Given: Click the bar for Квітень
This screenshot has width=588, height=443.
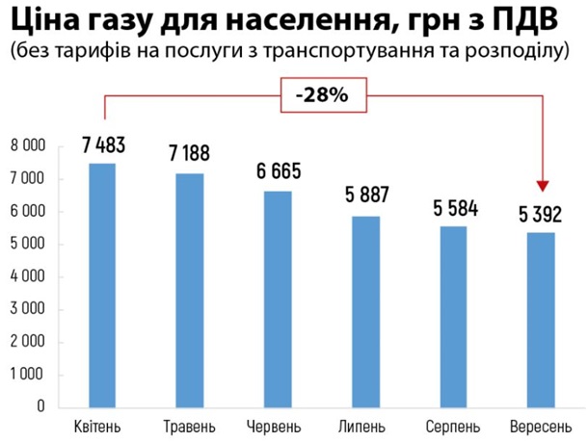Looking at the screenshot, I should coord(102,285).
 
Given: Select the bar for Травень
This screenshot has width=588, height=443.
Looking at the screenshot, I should coord(191,290).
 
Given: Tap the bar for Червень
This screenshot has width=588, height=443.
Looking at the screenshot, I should coord(279,299).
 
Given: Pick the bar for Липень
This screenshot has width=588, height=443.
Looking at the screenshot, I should coord(366,311).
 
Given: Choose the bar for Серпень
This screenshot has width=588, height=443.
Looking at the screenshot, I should coord(454,316).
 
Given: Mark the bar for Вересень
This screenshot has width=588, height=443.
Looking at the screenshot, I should coord(542,320).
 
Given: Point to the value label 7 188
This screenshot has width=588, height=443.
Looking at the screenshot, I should coord(189,155).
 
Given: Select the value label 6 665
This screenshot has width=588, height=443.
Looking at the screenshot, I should coord(279,172).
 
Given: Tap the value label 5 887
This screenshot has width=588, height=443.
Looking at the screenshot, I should coord(366,195).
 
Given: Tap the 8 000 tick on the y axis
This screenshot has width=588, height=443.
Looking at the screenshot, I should coord(28,146).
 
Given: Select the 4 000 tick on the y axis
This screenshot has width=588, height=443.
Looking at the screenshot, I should coord(28,276).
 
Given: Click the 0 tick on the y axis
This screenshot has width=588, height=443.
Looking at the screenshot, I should coord(40,406).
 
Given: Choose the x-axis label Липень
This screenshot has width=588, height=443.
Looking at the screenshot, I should coord(366,426).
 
